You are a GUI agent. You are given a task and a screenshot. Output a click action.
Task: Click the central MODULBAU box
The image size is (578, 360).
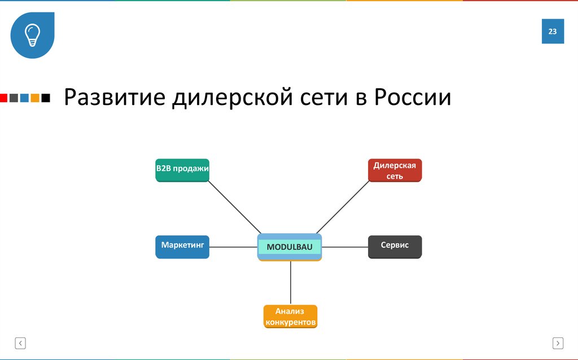290,247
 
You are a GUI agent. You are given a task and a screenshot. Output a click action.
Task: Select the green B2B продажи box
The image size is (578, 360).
182,170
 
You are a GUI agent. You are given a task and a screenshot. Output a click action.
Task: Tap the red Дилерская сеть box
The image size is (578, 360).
395,170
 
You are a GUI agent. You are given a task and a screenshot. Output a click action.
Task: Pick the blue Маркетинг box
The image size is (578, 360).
182,247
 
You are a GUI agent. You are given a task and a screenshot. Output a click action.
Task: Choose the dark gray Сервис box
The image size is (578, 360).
395,247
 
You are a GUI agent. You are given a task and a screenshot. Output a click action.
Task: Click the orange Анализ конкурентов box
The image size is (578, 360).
290,317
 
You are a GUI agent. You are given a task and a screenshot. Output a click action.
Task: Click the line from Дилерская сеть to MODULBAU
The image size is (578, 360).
343,207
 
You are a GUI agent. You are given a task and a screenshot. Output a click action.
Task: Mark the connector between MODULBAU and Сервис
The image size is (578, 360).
345,247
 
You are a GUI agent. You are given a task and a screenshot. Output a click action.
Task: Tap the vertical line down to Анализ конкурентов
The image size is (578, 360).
291,282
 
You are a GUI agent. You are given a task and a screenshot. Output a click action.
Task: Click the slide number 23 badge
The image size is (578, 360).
553,32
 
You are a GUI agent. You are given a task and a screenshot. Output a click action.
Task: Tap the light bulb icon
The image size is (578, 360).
32,34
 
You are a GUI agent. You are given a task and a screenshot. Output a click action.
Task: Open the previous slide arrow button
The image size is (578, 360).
20,343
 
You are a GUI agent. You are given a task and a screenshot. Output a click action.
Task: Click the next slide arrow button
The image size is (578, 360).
558,343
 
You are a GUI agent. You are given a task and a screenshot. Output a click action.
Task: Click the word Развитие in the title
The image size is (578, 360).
114,98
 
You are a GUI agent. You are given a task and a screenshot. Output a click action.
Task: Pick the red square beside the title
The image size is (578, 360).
3,98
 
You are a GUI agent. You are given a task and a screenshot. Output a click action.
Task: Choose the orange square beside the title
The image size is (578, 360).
35,98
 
